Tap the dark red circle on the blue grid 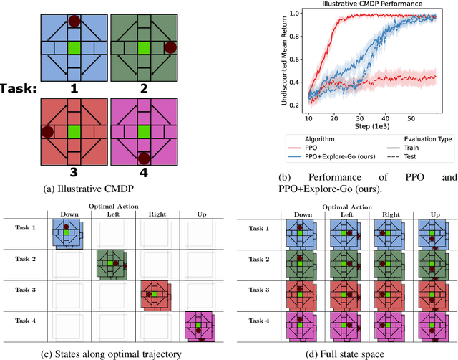[74, 21]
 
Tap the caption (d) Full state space [346, 353]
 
